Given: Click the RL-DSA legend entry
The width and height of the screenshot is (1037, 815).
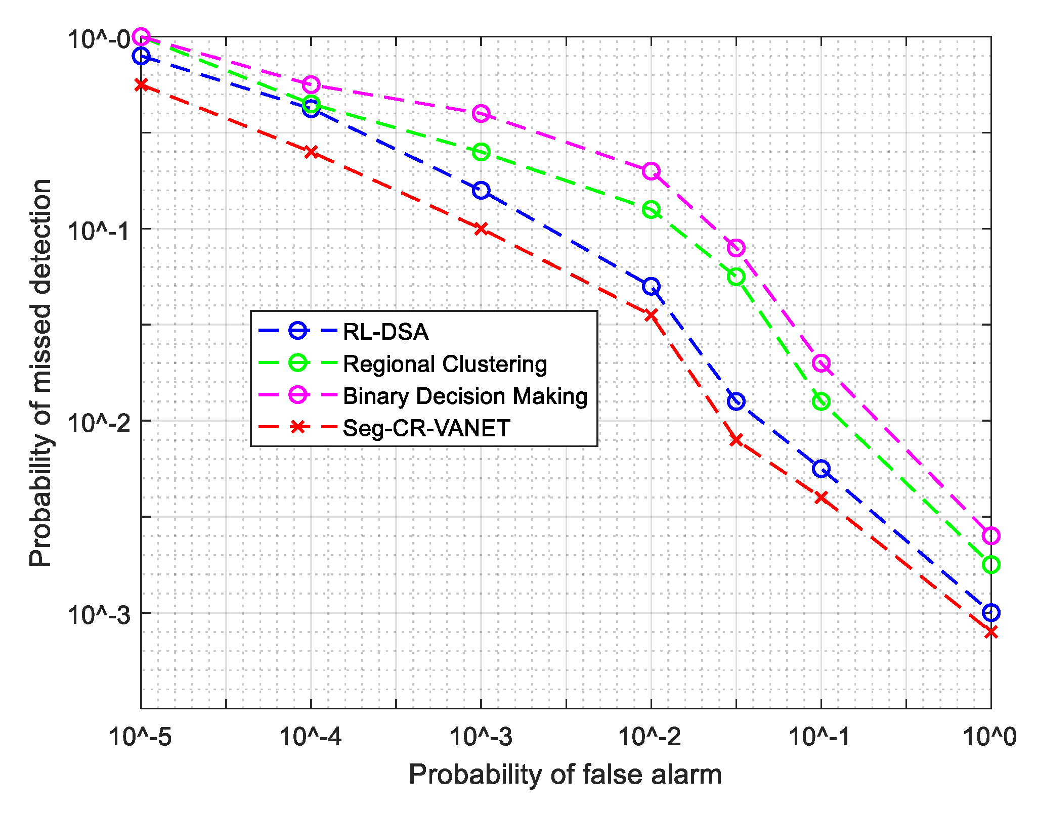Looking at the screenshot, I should coord(385,332).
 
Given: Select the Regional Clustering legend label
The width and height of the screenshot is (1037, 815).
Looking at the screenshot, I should coord(445,364).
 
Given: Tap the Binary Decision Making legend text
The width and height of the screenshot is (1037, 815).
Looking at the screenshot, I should coord(465,396).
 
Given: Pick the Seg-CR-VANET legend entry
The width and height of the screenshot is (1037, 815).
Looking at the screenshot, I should coord(426,428).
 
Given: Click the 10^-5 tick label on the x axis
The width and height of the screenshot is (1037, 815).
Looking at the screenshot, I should coord(141,737).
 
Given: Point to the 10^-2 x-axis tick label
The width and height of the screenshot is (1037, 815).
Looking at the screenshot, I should coord(651,737).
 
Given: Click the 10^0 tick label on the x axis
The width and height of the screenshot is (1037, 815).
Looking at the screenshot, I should coord(989,737).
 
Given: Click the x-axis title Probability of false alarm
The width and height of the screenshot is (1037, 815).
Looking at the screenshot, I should coord(565,775).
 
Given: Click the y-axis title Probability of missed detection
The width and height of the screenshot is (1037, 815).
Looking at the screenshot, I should coord(40,373).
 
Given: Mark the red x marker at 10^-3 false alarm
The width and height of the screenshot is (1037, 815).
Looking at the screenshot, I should coord(481,229).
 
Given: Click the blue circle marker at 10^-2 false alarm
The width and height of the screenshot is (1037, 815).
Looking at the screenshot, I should coord(651,286).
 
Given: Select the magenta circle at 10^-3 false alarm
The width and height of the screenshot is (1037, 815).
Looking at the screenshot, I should coord(481,114).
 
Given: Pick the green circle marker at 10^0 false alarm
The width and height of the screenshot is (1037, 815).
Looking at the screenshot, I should coord(991,565).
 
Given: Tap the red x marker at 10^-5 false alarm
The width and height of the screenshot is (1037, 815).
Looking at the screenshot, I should coord(141,84).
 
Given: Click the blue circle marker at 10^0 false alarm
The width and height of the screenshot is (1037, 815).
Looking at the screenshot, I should coord(991,613).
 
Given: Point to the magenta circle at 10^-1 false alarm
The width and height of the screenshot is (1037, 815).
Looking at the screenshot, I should coord(821,363).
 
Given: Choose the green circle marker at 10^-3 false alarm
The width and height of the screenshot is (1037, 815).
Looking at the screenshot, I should coord(481,152).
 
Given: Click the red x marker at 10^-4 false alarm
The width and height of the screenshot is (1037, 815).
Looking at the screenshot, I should coord(311,152).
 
